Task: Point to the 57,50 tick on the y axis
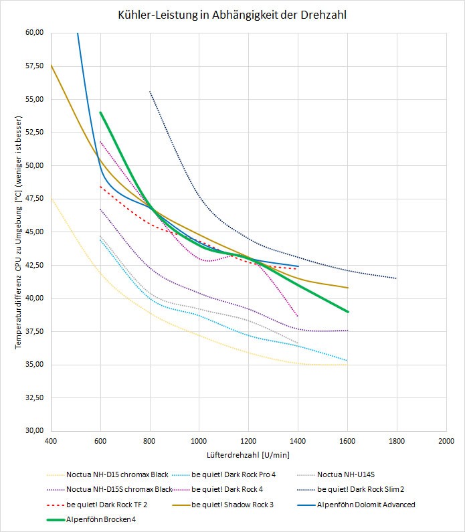pyautogui.click(x=33, y=66)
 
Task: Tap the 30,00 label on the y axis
pyautogui.click(x=33, y=431)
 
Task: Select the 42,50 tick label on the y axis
pyautogui.click(x=33, y=265)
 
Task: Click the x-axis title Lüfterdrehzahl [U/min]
pyautogui.click(x=248, y=455)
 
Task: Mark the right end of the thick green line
pyautogui.click(x=348, y=311)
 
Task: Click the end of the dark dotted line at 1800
pyautogui.click(x=397, y=278)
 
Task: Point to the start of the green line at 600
pyautogui.click(x=100, y=112)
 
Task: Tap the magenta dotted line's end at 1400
pyautogui.click(x=298, y=316)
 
